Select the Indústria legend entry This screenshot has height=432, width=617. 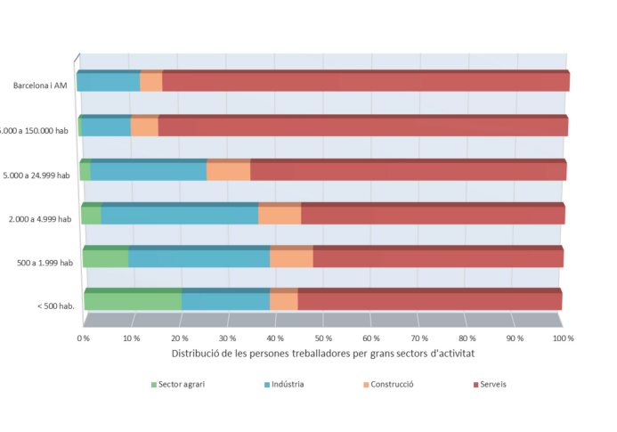(x=290, y=385)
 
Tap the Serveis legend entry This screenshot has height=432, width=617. (x=492, y=385)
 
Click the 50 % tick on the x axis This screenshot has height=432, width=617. (x=323, y=338)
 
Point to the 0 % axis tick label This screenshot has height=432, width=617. (x=84, y=338)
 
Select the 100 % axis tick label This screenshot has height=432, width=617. (x=563, y=338)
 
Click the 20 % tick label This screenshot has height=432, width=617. (x=179, y=338)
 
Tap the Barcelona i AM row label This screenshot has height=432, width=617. (x=40, y=86)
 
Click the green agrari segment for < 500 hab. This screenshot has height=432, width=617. (x=133, y=301)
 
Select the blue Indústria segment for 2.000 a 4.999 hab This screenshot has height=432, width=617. (x=179, y=215)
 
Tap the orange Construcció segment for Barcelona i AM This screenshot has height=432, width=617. (x=150, y=82)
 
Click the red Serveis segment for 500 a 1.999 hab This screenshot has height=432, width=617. (x=437, y=258)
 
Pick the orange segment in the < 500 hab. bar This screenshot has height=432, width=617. (x=283, y=301)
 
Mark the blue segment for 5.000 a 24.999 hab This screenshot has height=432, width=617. (x=148, y=170)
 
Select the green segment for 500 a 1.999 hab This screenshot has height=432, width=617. (x=105, y=258)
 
